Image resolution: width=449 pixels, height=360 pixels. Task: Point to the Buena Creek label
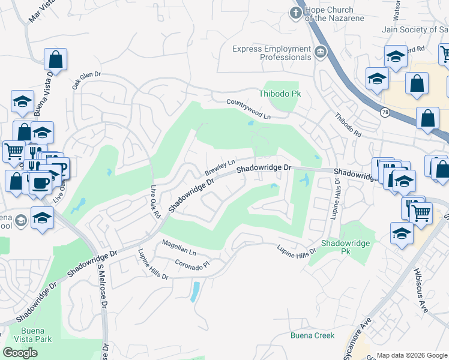point(313,335)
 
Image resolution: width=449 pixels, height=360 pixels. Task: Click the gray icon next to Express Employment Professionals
point(321,52)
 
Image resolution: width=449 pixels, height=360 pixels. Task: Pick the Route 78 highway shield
point(384,112)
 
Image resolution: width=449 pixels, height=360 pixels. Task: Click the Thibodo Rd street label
point(349,125)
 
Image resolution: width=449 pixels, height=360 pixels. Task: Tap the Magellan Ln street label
point(178,248)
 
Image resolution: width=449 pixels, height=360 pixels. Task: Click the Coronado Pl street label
point(191,265)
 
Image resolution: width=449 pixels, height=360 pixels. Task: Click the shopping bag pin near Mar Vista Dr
point(55,60)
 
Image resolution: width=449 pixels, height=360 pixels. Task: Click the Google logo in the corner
point(20,353)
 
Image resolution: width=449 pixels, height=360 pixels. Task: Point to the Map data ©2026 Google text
point(412,355)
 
